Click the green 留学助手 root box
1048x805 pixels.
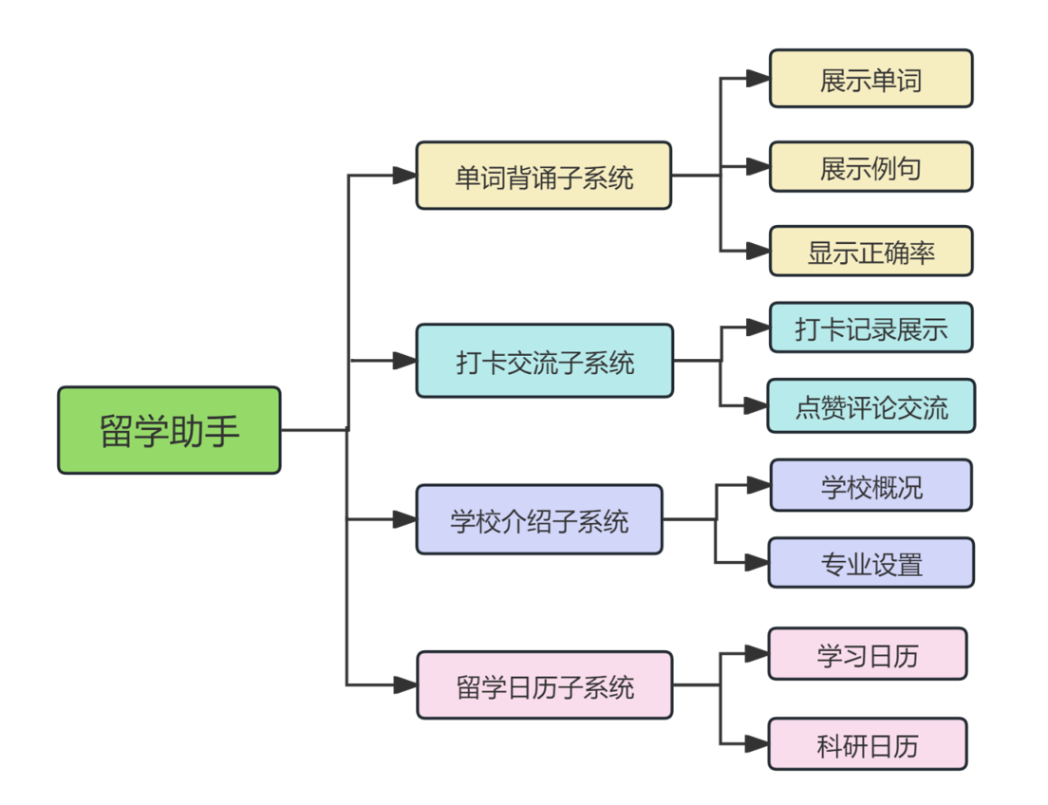click(169, 430)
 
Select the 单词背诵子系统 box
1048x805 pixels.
click(543, 176)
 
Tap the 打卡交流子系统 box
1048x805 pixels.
click(545, 361)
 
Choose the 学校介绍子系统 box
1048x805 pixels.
click(539, 519)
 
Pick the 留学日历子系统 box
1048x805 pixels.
click(545, 685)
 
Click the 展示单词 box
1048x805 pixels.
click(870, 78)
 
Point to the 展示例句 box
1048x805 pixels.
click(870, 166)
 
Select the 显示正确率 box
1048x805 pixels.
click(870, 251)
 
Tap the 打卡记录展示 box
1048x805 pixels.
click(870, 328)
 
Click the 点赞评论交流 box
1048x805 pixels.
click(870, 406)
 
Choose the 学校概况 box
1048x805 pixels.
click(870, 485)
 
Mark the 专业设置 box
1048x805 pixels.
click(870, 562)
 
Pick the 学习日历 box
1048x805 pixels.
click(868, 654)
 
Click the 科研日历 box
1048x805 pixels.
click(868, 743)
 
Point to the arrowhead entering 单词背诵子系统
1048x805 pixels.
click(404, 176)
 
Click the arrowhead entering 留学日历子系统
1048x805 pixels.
click(404, 685)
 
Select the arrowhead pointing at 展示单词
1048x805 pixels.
click(758, 78)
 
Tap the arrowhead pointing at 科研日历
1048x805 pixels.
click(757, 743)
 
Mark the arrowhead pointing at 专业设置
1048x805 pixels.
click(757, 562)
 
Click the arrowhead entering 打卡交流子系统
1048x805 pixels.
click(404, 361)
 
